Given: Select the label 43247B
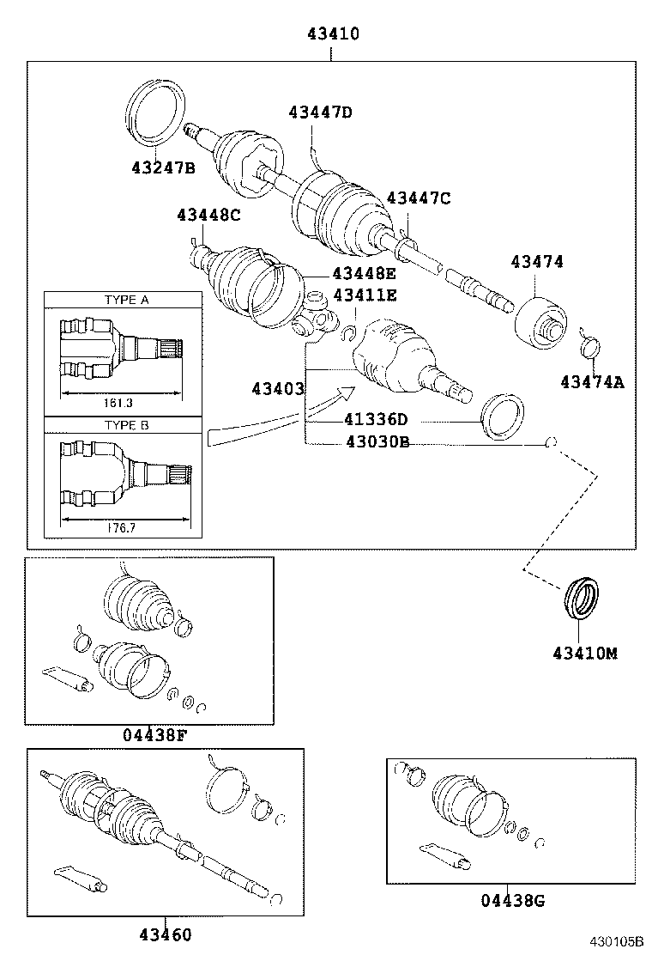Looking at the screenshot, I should pos(163,167).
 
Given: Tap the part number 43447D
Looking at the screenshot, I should pos(320,113).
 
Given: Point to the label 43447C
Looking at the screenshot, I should pos(418,198).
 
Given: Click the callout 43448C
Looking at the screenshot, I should pos(208,215).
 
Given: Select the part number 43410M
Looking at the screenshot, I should pos(584,654).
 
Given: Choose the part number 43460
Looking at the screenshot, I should pos(165,934).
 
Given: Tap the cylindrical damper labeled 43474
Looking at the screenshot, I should pos(540,323).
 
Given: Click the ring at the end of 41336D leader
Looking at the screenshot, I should pos(504,417).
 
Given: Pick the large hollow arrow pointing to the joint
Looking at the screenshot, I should pos(283,417).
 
